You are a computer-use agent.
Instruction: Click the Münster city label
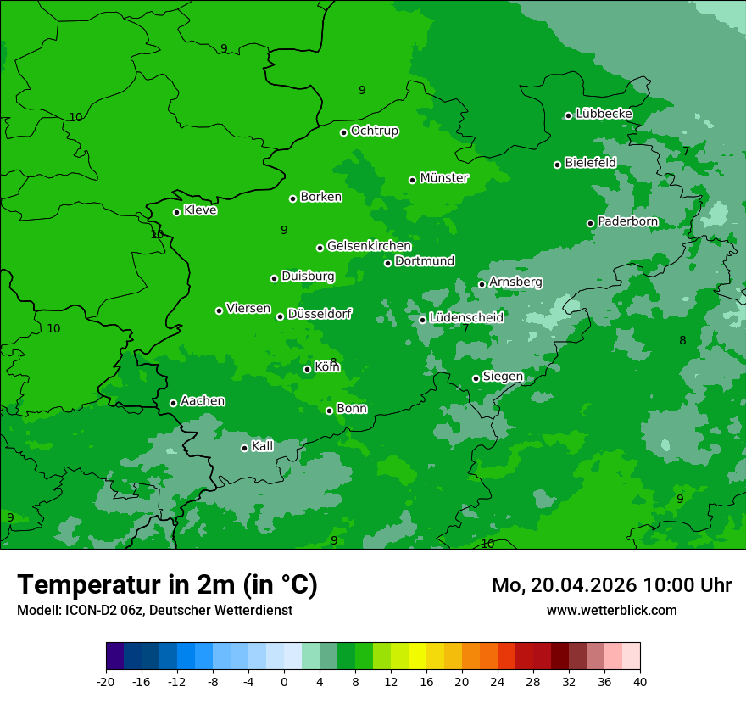444,178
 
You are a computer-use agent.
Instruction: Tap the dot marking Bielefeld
558,165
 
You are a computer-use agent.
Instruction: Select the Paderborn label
628,221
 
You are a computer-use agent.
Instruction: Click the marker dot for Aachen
174,403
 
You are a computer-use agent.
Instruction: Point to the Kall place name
263,446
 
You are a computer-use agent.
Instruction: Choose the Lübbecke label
604,114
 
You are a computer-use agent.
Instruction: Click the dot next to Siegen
476,378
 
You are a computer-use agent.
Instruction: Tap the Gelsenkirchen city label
369,246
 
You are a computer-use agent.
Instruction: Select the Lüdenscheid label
466,318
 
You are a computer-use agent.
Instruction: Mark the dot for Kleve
177,212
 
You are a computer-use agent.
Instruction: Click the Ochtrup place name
375,131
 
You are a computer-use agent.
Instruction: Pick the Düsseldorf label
320,314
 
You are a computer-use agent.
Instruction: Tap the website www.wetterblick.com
611,611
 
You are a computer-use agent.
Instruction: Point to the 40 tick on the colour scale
640,681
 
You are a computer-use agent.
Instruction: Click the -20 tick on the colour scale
106,681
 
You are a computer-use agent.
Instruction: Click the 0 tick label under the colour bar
284,681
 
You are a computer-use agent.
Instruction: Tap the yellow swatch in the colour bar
417,657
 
